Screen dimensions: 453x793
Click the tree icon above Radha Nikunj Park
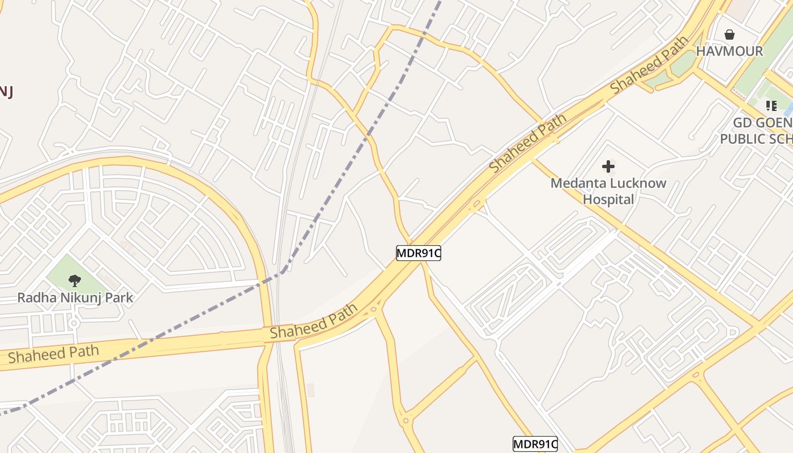(x=74, y=280)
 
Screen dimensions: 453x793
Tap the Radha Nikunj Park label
(x=75, y=298)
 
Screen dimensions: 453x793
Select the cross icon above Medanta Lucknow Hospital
(x=608, y=166)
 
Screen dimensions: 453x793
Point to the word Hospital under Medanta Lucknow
(x=608, y=199)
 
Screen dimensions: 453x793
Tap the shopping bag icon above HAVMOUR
(x=730, y=35)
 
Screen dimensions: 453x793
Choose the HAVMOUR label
(x=730, y=51)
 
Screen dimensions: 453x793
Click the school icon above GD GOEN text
(x=770, y=106)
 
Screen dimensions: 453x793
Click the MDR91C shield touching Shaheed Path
(x=418, y=253)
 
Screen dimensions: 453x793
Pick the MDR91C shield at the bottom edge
(x=535, y=445)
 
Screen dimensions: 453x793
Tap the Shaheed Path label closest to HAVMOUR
(x=650, y=65)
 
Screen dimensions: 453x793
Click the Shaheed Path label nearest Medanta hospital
(x=528, y=144)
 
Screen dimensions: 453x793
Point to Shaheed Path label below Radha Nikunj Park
(x=53, y=353)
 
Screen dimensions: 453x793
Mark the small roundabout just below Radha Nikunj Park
(x=73, y=323)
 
